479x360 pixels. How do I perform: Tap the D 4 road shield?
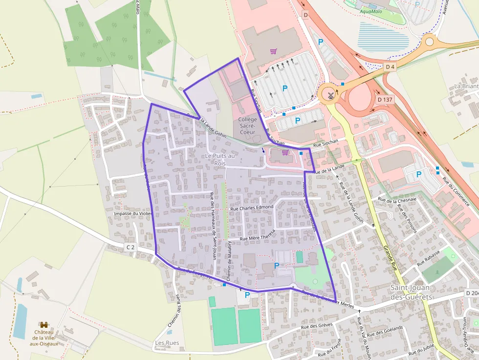coord(390,66)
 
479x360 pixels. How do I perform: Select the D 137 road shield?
coord(385,100)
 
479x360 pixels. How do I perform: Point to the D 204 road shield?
coord(472,293)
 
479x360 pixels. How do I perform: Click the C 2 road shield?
coord(130,248)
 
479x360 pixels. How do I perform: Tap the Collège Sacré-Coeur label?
coord(248,126)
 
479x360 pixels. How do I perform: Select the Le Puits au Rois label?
coord(220,159)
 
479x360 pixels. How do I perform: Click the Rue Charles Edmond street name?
coord(251,208)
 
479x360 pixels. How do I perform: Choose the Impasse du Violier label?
coord(132,213)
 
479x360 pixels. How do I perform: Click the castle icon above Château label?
coord(44,325)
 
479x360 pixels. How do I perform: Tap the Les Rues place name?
coord(167,343)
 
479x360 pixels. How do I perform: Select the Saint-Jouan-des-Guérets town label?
coord(412,292)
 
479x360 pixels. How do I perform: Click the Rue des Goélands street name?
coord(386,331)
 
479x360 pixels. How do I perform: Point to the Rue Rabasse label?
coord(428,258)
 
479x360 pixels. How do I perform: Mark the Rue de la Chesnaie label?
coord(397,199)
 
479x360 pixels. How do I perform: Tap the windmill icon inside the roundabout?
coord(331,95)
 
